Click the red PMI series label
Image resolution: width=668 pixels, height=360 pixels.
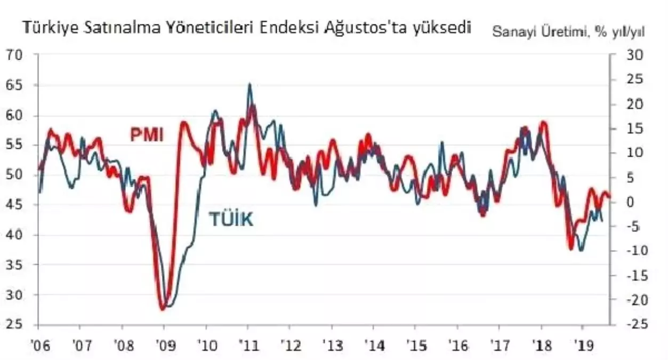click(x=147, y=134)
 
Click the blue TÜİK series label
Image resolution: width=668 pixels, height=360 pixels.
click(x=230, y=219)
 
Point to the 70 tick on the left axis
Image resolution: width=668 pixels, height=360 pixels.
click(x=15, y=55)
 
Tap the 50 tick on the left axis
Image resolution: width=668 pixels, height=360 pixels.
click(x=15, y=175)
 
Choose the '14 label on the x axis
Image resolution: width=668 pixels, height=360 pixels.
click(x=373, y=345)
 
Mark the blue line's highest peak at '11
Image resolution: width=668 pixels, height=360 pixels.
click(x=250, y=84)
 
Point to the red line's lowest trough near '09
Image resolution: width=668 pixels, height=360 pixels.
click(x=162, y=309)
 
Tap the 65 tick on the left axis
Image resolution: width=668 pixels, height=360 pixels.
click(x=15, y=85)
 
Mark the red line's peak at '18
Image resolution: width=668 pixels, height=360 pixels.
click(x=543, y=123)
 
